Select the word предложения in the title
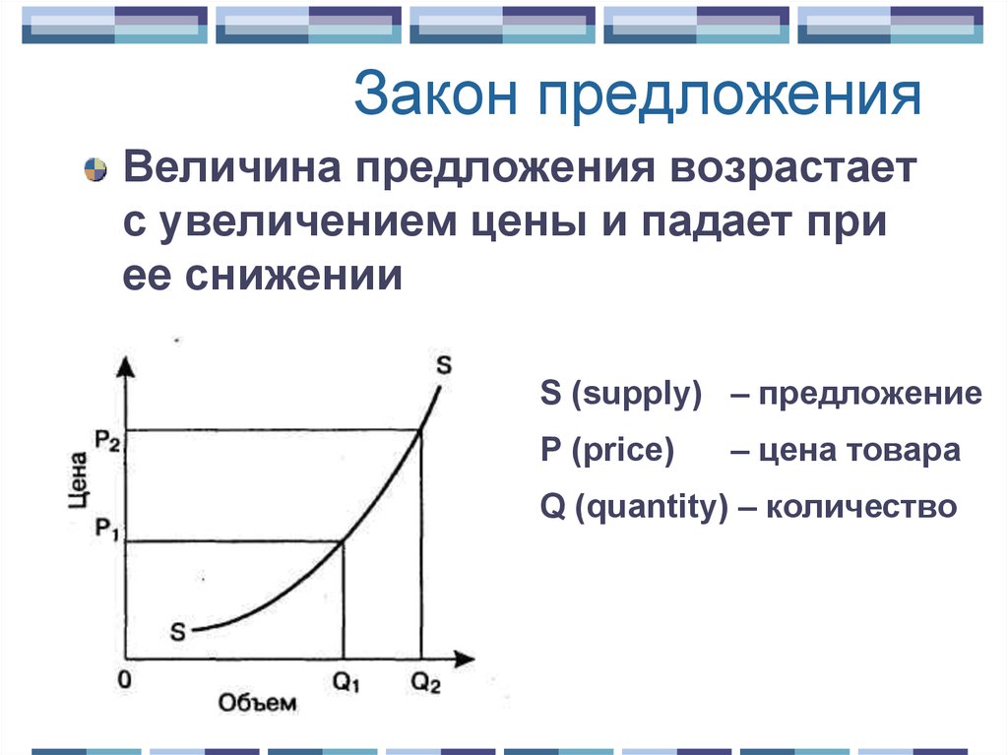click(x=729, y=96)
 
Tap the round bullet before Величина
click(x=95, y=169)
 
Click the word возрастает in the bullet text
click(x=793, y=169)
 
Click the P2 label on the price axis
click(x=107, y=441)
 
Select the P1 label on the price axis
click(x=107, y=530)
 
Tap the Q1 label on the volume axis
click(x=346, y=682)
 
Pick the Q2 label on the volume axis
click(x=425, y=682)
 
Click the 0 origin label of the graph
click(x=125, y=679)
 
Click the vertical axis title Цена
click(x=79, y=479)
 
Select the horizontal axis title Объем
click(x=257, y=703)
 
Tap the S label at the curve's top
click(x=444, y=365)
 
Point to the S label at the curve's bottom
click(x=177, y=632)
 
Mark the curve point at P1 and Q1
click(x=343, y=542)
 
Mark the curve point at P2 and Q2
click(x=420, y=430)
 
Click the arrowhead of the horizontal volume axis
click(x=465, y=659)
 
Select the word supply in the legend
click(x=642, y=394)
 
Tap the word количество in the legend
click(x=861, y=507)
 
